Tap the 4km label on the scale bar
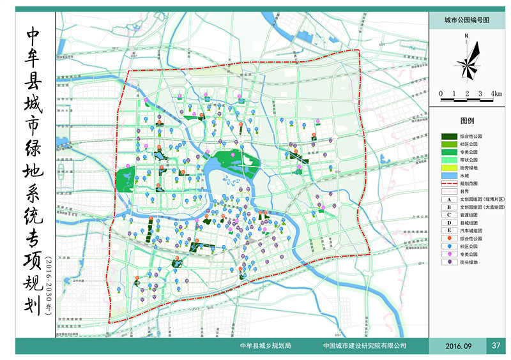tap(496, 94)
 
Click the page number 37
tap(496, 346)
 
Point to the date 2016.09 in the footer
tap(460, 346)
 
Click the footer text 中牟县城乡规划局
tap(265, 346)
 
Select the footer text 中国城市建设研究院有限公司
tap(365, 346)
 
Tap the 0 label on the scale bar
tap(441, 94)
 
